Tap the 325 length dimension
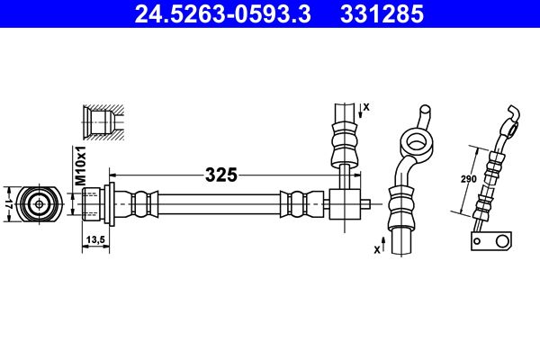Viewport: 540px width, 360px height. point(220,175)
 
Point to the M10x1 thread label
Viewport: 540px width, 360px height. point(79,167)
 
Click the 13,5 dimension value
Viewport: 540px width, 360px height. point(96,239)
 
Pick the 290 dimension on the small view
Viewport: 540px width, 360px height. point(468,179)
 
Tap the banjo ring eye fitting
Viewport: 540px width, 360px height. point(416,140)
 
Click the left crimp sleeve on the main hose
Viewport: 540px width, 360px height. point(141,203)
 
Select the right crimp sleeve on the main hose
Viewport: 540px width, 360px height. point(298,203)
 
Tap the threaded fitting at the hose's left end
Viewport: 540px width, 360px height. point(94,203)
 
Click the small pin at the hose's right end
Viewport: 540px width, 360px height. point(368,203)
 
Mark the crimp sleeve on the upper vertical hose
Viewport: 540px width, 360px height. point(344,140)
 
